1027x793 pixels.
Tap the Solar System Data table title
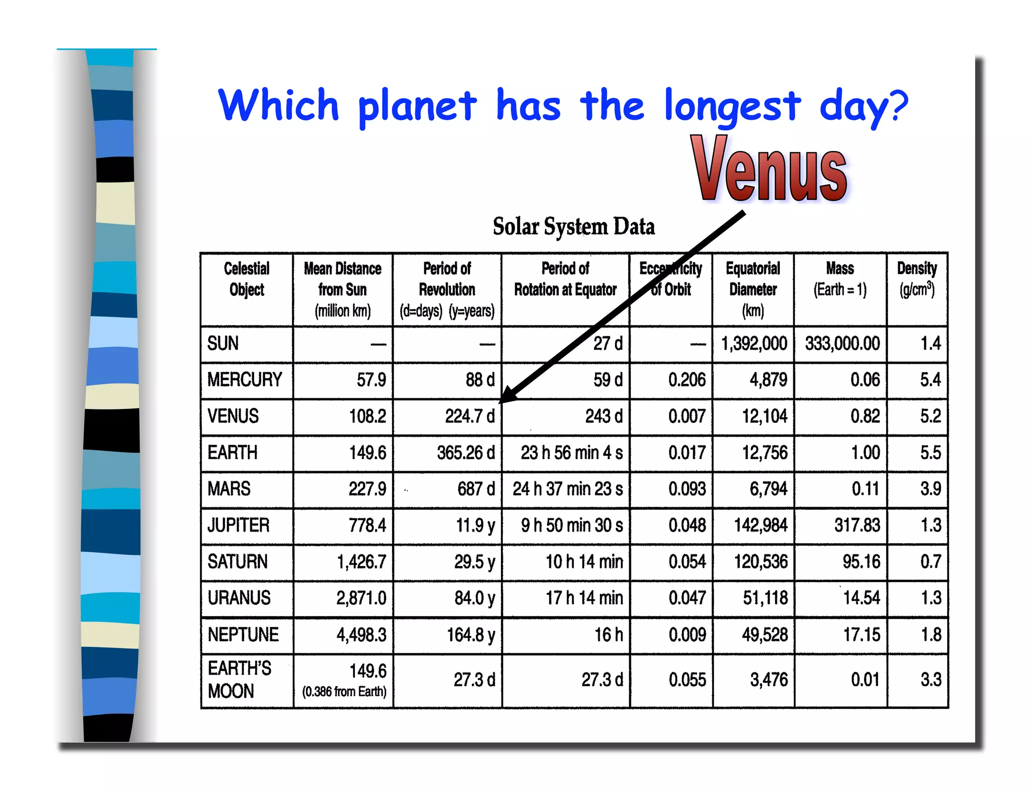574,227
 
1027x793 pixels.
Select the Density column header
917,279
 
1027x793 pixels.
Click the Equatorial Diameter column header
753,289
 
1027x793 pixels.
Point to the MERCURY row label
245,380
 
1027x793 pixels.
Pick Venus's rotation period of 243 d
604,416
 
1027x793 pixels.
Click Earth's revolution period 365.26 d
465,453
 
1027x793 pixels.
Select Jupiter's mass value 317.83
857,525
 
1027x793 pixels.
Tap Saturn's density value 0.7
931,561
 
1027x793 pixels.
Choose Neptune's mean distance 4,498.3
361,635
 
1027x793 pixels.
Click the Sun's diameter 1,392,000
754,343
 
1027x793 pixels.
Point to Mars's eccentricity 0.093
687,489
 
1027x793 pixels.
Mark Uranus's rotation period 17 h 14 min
584,598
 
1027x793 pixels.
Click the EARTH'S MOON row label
239,680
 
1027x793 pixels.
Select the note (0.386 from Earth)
344,692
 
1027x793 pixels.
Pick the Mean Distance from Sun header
343,289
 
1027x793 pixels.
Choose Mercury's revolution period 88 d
480,380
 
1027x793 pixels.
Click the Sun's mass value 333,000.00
842,343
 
